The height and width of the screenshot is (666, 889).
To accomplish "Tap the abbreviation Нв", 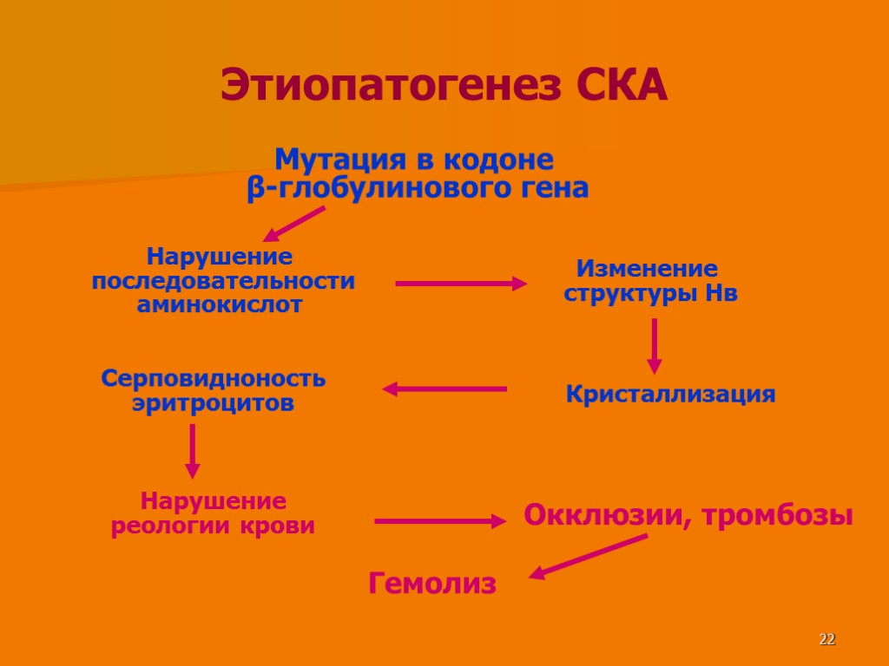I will point(721,293).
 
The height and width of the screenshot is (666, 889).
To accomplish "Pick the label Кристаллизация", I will point(670,395).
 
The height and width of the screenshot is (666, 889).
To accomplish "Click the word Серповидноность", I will point(213,379).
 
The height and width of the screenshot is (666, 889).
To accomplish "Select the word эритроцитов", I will point(213,403).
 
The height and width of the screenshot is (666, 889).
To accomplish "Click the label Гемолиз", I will point(432,584).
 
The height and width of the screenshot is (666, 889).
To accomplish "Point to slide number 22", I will point(826,640).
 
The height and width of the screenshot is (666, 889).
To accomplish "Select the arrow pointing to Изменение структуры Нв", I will point(460,284).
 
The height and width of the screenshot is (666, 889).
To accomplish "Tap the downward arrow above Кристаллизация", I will point(655,345).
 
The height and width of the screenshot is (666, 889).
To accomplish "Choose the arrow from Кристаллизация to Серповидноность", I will point(444,389).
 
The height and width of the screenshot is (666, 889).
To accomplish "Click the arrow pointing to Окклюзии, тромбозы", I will point(439,521).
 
